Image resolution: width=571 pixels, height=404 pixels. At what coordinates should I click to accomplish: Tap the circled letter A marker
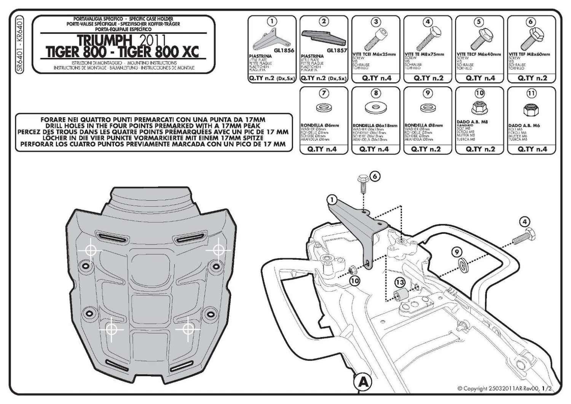click(x=364, y=382)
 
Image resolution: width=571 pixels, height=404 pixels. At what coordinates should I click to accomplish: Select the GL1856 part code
click(x=284, y=50)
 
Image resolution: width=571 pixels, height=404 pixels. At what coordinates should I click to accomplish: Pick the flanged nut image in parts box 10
click(x=479, y=108)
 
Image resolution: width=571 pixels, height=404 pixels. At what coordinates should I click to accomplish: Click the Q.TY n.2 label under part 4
click(x=428, y=78)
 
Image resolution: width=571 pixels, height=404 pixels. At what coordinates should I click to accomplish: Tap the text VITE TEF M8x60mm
click(x=530, y=54)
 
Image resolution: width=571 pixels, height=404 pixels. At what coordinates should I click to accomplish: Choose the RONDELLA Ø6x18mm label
click(x=375, y=125)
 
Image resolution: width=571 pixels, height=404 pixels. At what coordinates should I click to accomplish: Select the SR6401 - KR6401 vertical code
click(x=21, y=43)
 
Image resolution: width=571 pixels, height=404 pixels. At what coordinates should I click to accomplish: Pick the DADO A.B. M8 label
click(x=472, y=122)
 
